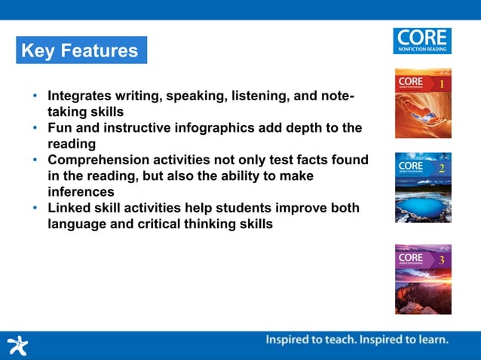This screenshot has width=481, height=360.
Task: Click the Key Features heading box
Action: click(x=81, y=50)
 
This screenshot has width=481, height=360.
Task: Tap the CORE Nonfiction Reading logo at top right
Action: click(x=421, y=41)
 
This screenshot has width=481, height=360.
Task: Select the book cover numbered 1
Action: click(x=423, y=103)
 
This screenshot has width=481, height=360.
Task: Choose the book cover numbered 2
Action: click(x=423, y=187)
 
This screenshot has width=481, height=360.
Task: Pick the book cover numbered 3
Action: click(x=423, y=279)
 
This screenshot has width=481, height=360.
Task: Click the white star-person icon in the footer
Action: click(x=17, y=345)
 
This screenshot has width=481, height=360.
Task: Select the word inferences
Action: click(x=81, y=191)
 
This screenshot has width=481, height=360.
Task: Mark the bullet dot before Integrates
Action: click(x=35, y=97)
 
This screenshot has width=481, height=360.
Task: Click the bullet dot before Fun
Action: click(x=35, y=129)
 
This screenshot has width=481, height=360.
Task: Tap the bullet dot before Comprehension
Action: click(x=35, y=160)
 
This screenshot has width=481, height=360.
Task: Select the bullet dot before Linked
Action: click(x=35, y=209)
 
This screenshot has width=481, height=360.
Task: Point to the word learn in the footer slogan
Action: click(x=430, y=340)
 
